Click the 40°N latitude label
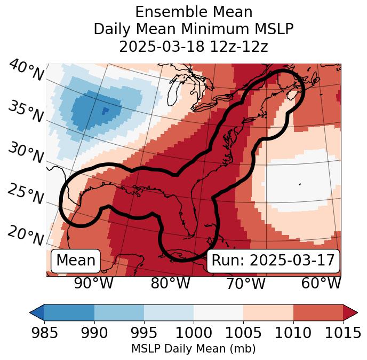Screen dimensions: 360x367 26,71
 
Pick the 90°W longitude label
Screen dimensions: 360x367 93,284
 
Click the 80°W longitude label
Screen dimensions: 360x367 170,284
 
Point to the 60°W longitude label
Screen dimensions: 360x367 321,284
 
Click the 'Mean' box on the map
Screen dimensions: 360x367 76,261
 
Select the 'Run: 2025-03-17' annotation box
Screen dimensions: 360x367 273,261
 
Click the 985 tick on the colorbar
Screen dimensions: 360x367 44,333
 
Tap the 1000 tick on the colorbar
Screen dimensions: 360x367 194,333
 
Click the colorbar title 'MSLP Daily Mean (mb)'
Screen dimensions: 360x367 194,349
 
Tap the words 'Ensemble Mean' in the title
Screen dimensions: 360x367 194,12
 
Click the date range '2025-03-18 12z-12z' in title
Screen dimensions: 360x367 194,46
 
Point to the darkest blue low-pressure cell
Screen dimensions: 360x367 105,111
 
